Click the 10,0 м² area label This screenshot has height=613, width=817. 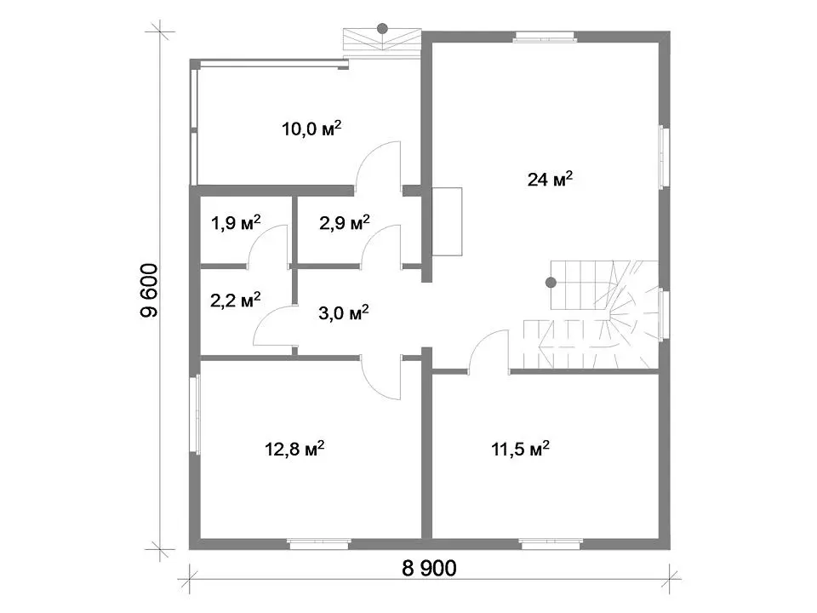point(311,128)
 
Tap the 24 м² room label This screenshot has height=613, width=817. point(550,179)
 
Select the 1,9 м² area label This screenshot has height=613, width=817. point(236,222)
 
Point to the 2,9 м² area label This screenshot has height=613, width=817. point(344,222)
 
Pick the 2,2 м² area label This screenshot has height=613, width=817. point(236,300)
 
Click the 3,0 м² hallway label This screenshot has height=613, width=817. point(343,312)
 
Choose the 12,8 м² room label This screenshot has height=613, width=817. point(295,449)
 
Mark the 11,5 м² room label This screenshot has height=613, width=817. point(520,449)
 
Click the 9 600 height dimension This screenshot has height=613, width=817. point(149,291)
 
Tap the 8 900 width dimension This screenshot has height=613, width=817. point(429,568)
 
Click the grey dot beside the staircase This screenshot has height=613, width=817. point(551,283)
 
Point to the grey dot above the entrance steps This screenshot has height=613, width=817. point(382,28)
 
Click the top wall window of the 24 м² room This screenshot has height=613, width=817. point(545,37)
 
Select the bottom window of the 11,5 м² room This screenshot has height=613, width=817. point(551,544)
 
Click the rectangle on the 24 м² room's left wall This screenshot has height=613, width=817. point(447,221)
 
